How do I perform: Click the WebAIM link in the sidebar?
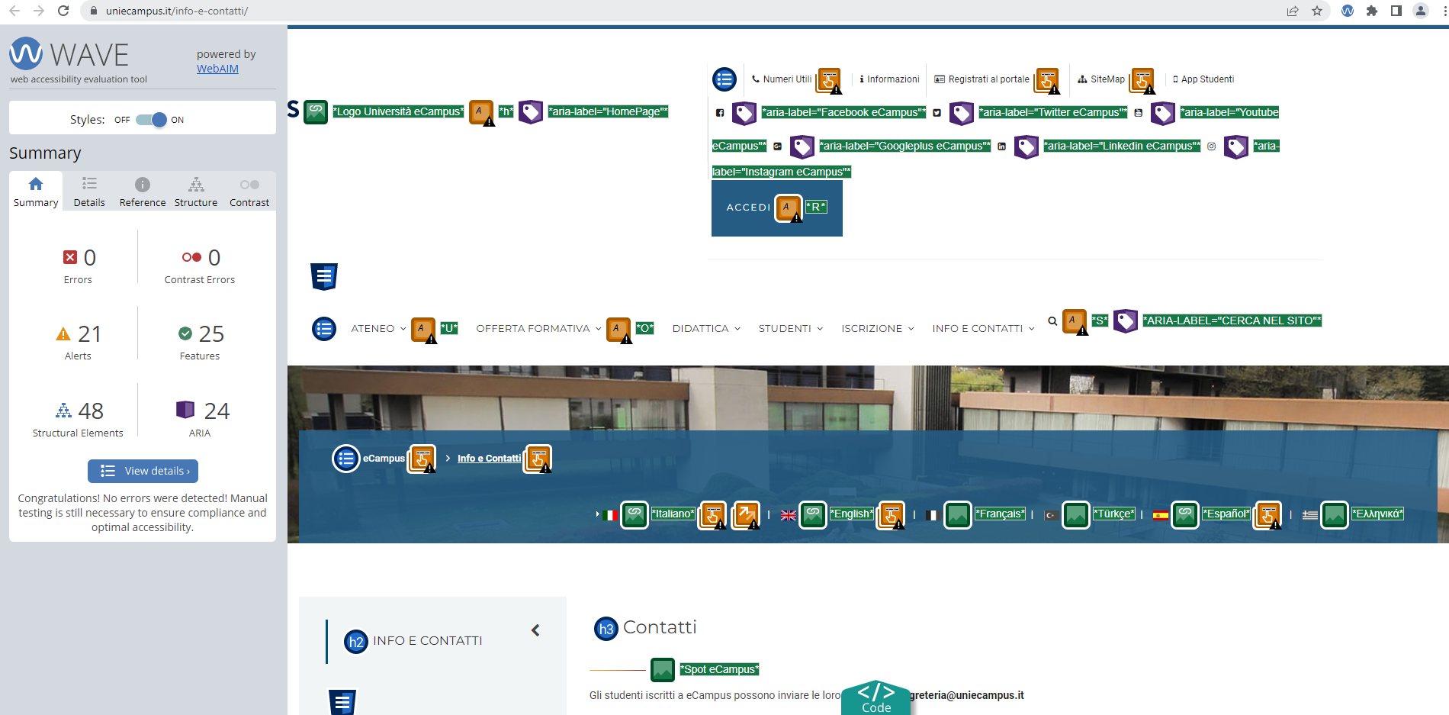[217, 69]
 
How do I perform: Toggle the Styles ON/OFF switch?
[151, 120]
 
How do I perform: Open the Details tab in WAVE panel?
[89, 192]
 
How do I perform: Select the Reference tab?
[143, 192]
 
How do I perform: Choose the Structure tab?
[196, 192]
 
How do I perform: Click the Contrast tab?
[249, 192]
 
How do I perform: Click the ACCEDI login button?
[748, 208]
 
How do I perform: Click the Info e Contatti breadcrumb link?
[489, 459]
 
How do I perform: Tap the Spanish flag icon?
[1161, 515]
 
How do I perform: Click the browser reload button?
[63, 11]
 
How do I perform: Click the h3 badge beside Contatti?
[606, 629]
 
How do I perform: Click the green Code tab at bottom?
[876, 698]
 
